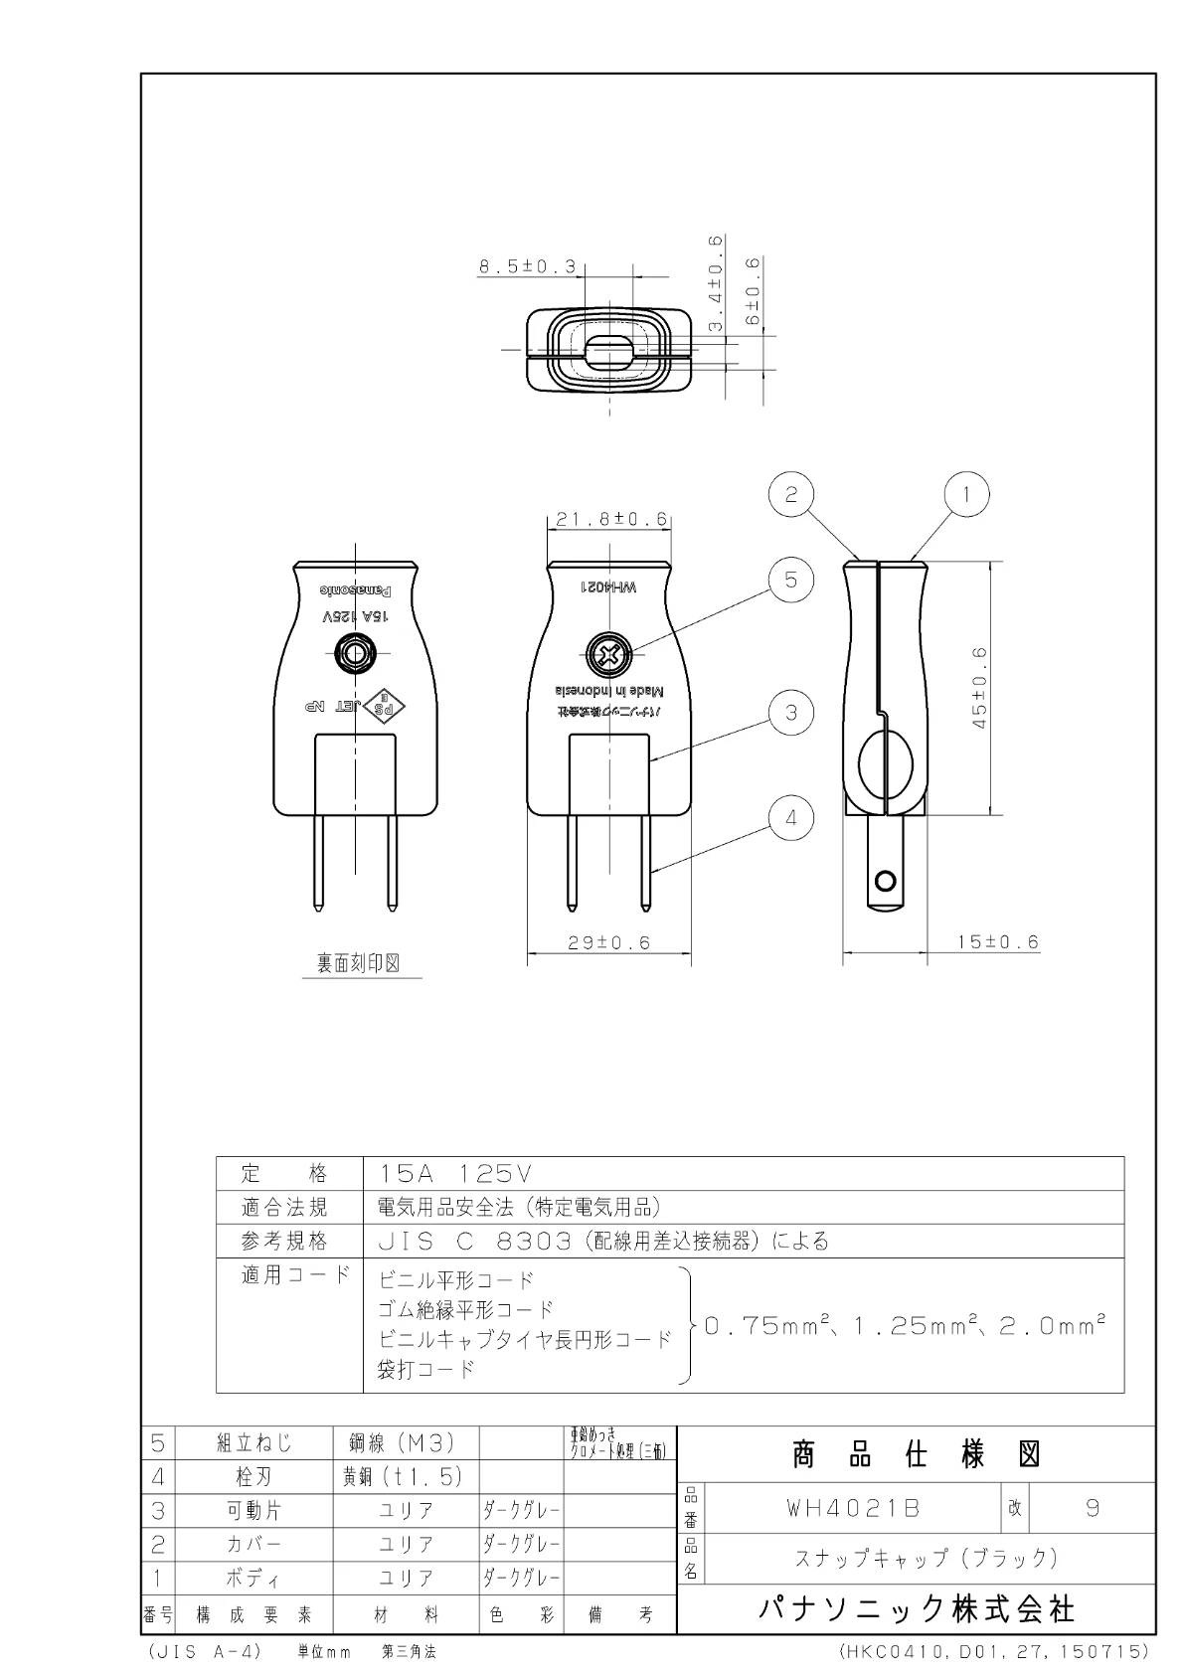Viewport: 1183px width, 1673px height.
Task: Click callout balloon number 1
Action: pos(961,494)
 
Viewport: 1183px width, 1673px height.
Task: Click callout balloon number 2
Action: pos(791,494)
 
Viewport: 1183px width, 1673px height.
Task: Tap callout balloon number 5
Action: pos(791,580)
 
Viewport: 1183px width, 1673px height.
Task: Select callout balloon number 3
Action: pos(791,713)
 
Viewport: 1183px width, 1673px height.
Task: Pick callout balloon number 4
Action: pos(791,818)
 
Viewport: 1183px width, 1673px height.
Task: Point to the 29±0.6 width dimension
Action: pos(608,943)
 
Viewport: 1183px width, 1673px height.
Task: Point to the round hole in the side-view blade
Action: pos(884,880)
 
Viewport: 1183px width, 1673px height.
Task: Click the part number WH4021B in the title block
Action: pos(854,1508)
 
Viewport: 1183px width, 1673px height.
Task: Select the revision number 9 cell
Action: pos(1093,1508)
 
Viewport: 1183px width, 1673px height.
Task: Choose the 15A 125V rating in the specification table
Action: pos(456,1173)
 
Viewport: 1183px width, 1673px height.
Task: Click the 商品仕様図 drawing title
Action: pos(916,1455)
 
